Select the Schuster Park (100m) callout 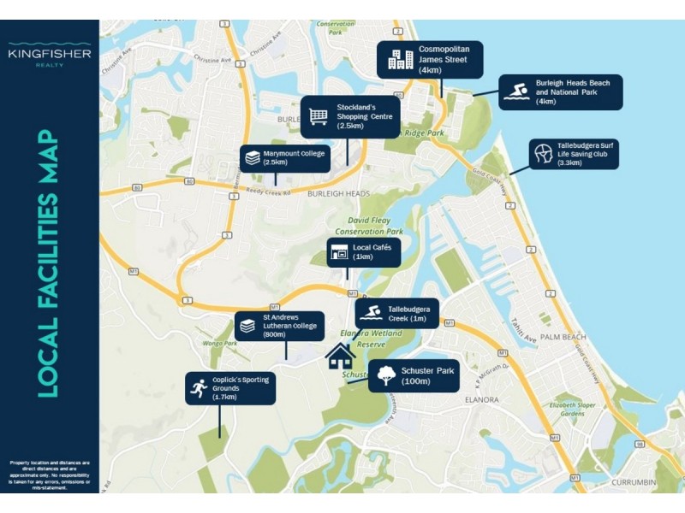414,375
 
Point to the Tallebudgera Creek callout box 398,314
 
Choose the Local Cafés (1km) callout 363,252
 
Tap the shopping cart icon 319,115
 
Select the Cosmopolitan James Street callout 431,59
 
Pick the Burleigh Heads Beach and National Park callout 561,92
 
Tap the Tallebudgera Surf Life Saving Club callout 573,155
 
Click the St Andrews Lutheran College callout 279,326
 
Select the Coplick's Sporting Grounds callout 231,388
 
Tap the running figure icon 199,388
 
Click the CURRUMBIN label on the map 634,483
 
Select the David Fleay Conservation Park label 369,226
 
